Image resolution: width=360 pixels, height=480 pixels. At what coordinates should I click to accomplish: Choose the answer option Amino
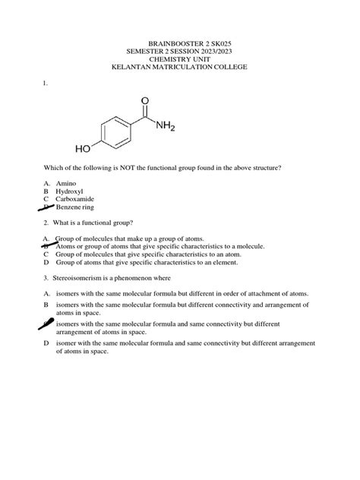click(67, 183)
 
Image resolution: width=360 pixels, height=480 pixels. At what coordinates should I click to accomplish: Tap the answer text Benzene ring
click(76, 207)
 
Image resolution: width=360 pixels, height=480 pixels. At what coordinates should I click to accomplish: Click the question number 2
click(46, 223)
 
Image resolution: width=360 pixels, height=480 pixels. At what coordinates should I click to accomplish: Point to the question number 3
click(46, 277)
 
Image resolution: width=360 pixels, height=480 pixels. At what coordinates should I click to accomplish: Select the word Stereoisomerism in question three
click(81, 277)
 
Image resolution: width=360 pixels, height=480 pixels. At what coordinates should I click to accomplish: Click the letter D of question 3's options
click(46, 343)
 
